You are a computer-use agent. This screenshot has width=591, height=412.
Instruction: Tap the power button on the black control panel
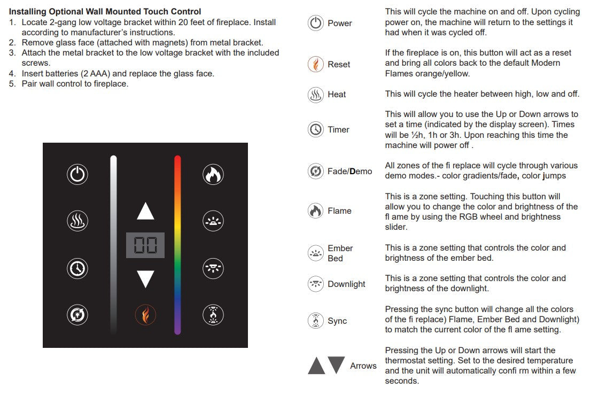pyautogui.click(x=77, y=175)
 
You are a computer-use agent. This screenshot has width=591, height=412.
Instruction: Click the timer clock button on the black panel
pyautogui.click(x=77, y=268)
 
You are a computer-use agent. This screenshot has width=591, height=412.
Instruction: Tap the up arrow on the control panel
pyautogui.click(x=145, y=211)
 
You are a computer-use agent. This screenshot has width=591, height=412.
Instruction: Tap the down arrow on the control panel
pyautogui.click(x=145, y=279)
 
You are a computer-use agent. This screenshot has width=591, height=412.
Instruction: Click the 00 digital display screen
pyautogui.click(x=145, y=245)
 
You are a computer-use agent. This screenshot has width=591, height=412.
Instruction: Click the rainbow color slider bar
pyautogui.click(x=177, y=245)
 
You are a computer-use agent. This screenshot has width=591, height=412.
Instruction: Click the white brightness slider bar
pyautogui.click(x=113, y=245)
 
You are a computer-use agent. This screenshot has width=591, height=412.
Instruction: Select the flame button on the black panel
pyautogui.click(x=213, y=175)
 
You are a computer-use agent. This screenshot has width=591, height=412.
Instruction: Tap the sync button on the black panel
pyautogui.click(x=213, y=315)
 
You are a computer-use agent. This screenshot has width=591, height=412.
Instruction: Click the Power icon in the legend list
pyautogui.click(x=316, y=24)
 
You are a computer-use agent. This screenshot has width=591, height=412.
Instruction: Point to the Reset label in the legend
pyautogui.click(x=339, y=65)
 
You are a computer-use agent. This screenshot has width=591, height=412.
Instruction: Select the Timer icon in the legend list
pyautogui.click(x=316, y=129)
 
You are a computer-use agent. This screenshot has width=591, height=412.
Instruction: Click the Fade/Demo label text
pyautogui.click(x=349, y=172)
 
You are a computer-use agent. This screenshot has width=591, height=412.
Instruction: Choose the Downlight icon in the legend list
pyautogui.click(x=316, y=284)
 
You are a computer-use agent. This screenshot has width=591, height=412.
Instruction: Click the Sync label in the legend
pyautogui.click(x=337, y=321)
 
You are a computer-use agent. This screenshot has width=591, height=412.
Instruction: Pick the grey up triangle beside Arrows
pyautogui.click(x=316, y=366)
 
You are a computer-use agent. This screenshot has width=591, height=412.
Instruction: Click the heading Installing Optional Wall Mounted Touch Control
pyautogui.click(x=105, y=11)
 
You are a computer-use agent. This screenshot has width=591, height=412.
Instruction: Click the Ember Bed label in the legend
pyautogui.click(x=340, y=253)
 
